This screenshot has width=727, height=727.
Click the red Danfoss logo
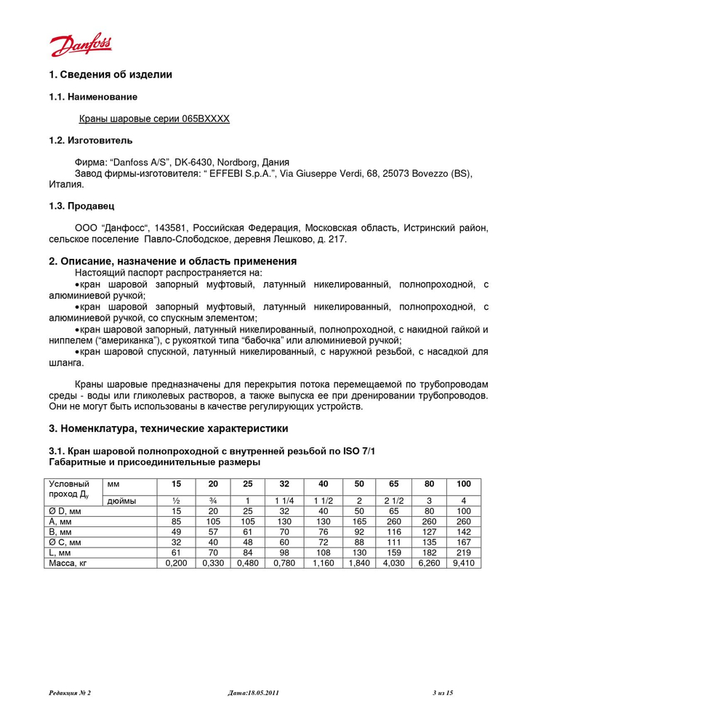(81, 45)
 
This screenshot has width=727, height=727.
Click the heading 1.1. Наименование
(93, 97)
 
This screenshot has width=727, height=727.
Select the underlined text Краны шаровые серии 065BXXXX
(154, 119)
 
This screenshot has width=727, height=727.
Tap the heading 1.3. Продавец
(81, 206)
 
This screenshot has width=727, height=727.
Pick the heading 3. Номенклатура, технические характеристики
(168, 428)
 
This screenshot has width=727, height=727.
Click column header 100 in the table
(463, 484)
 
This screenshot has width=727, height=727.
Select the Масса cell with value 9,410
(463, 563)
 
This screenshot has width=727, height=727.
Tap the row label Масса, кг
(68, 563)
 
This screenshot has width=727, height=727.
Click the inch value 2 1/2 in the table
(393, 501)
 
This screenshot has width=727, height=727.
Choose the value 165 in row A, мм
(358, 522)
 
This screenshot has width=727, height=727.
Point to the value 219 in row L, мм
(463, 553)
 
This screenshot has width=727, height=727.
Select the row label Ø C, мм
(65, 542)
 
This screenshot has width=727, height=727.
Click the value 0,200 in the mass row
(176, 563)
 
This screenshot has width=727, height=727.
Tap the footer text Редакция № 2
(70, 693)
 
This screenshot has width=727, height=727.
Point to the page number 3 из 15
(442, 693)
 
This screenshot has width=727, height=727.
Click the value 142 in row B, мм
(463, 532)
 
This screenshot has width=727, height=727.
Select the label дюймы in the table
(121, 501)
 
